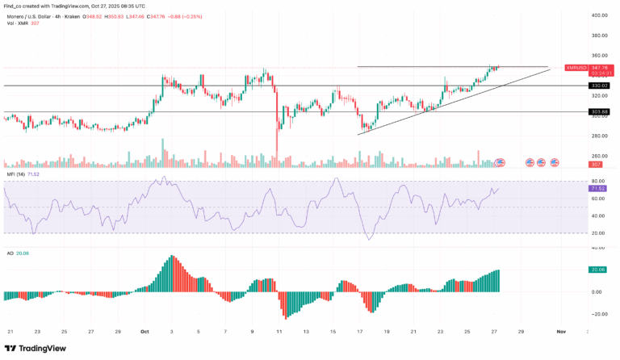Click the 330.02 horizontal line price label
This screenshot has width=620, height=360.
tap(598, 86)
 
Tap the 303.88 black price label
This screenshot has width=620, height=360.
tap(598, 111)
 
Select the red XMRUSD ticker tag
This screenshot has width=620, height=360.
tap(576, 68)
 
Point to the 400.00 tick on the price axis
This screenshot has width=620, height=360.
tap(598, 15)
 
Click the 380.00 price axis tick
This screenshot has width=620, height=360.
tap(598, 36)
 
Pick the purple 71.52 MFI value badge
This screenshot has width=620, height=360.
tap(598, 188)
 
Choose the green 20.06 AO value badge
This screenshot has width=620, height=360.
tap(598, 270)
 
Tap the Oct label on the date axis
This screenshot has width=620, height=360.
tap(145, 331)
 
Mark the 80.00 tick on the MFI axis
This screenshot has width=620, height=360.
tap(598, 181)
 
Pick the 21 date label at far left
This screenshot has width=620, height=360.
tap(10, 331)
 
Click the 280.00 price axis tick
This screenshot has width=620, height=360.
tap(598, 136)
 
